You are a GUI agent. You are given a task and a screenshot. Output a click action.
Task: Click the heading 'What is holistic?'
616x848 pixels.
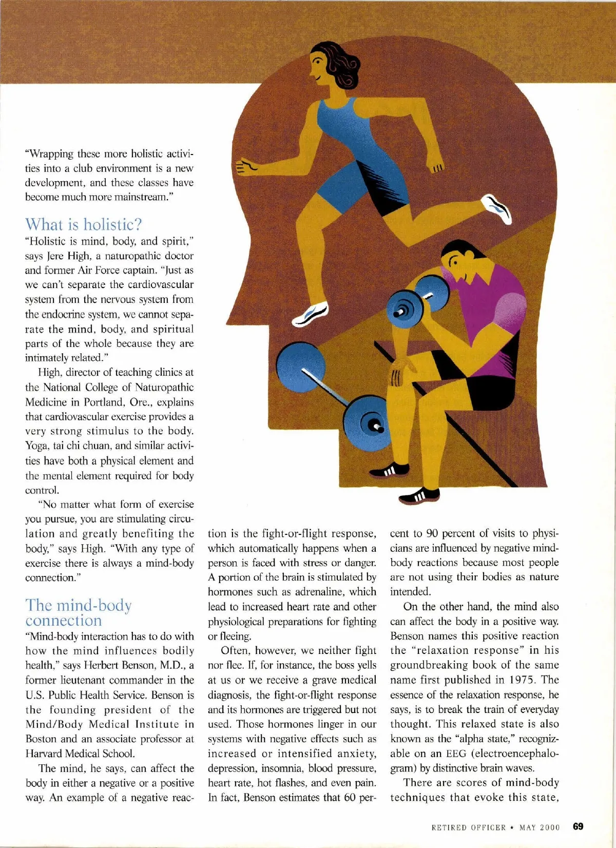83,224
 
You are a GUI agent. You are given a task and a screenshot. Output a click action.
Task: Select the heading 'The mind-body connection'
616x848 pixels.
78,612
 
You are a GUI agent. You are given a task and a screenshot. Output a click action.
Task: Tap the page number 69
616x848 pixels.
578,826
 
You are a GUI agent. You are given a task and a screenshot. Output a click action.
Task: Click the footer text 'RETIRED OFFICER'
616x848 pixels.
468,827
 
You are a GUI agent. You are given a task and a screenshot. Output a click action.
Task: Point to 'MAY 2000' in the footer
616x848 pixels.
540,827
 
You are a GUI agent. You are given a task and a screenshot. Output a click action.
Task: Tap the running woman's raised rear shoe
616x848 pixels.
496,208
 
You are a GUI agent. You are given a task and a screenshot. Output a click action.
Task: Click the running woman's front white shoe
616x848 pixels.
310,314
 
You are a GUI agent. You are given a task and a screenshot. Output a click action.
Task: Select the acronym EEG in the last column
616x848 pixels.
456,754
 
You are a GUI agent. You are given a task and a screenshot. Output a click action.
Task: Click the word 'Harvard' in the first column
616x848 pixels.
45,754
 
